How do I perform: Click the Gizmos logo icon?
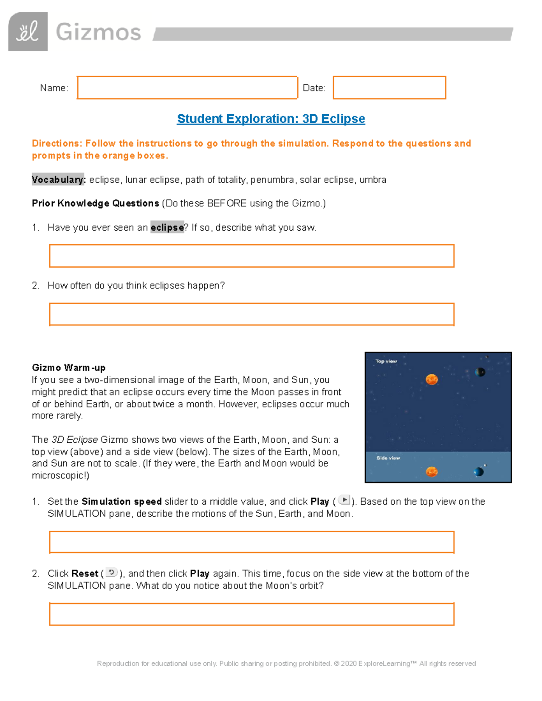pyautogui.click(x=28, y=32)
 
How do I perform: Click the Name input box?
pyautogui.click(x=187, y=88)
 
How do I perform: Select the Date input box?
pyautogui.click(x=389, y=88)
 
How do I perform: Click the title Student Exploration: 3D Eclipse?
pyautogui.click(x=271, y=119)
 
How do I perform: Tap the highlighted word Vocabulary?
pyautogui.click(x=58, y=180)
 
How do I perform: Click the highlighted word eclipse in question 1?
pyautogui.click(x=167, y=227)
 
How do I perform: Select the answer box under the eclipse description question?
pyautogui.click(x=252, y=256)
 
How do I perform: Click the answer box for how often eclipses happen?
pyautogui.click(x=252, y=314)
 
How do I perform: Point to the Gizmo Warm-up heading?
pyautogui.click(x=69, y=367)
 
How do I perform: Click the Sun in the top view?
pyautogui.click(x=432, y=379)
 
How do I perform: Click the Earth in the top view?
pyautogui.click(x=480, y=372)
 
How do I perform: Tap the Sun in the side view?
pyautogui.click(x=432, y=472)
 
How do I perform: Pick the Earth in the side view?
pyautogui.click(x=478, y=472)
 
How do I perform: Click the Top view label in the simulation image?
pyautogui.click(x=386, y=361)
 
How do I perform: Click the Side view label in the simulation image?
pyautogui.click(x=388, y=458)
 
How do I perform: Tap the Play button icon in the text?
pyautogui.click(x=344, y=500)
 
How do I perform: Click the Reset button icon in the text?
pyautogui.click(x=111, y=572)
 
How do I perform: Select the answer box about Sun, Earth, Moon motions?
pyautogui.click(x=252, y=542)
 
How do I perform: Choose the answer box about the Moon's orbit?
pyautogui.click(x=252, y=614)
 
